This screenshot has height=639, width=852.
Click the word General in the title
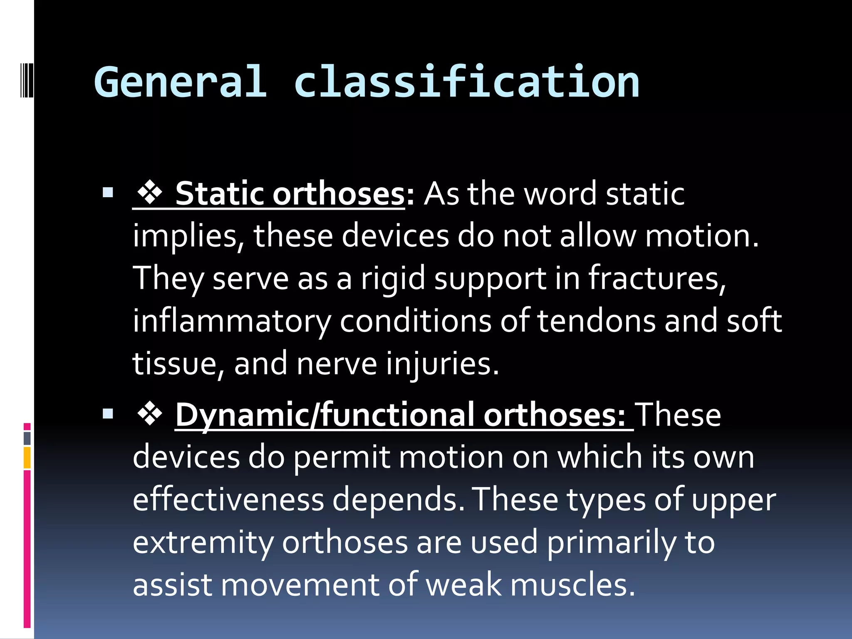[x=180, y=82]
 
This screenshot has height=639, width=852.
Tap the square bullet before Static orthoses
[x=108, y=193]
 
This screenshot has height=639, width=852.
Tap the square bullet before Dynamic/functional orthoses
[x=108, y=414]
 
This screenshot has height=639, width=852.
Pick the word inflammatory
[x=231, y=322]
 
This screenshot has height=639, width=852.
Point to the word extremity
[x=203, y=543]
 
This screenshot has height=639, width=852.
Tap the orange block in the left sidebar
[x=27, y=458]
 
